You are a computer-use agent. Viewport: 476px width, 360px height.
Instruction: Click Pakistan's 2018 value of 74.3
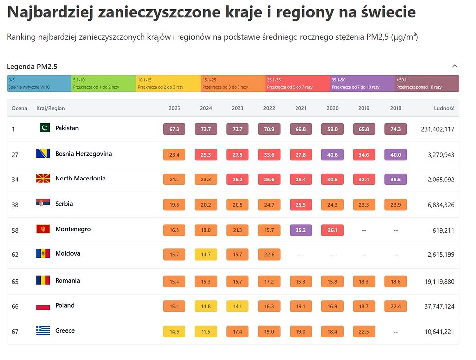(x=395, y=129)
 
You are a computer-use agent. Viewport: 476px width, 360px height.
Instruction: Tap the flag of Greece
(x=43, y=331)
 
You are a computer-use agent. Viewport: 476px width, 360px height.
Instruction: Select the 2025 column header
(x=174, y=108)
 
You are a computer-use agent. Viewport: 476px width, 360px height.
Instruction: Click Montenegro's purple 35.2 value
(x=300, y=230)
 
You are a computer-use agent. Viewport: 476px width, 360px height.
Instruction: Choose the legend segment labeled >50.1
(x=426, y=83)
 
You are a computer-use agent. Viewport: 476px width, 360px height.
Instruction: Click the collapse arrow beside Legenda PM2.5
(x=455, y=66)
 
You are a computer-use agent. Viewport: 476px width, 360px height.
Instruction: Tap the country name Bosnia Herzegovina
(x=83, y=154)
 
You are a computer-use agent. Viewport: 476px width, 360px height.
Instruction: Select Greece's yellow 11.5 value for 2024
(x=206, y=331)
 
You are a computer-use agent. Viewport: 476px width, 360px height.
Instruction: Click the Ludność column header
(x=444, y=108)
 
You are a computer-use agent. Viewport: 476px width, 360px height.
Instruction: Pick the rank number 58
(x=15, y=230)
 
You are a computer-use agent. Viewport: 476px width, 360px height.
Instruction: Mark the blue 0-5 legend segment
(x=39, y=83)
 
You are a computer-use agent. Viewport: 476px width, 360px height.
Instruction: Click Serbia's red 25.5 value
(x=300, y=204)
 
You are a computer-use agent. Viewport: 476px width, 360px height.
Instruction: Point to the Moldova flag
(x=43, y=254)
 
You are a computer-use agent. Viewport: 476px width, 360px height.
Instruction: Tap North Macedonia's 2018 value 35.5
(x=395, y=180)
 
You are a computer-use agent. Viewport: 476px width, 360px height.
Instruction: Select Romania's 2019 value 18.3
(x=364, y=282)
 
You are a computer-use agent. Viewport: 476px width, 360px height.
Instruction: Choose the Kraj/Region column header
(x=51, y=108)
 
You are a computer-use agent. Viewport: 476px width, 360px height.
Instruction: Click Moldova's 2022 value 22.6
(x=269, y=255)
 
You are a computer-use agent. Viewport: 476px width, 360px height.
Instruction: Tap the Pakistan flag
(x=45, y=128)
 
